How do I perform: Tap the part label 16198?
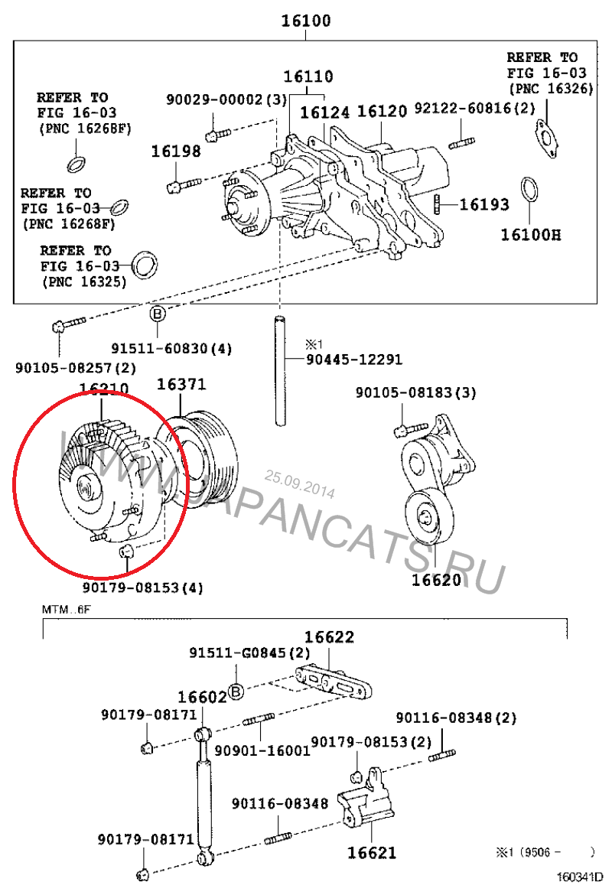pyautogui.click(x=175, y=151)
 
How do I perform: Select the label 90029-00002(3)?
pyautogui.click(x=226, y=100)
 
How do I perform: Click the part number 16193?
pyautogui.click(x=484, y=204)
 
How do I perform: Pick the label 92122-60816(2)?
pyautogui.click(x=474, y=108)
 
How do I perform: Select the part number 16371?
pyautogui.click(x=181, y=386)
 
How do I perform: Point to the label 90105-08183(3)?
pyautogui.click(x=415, y=392)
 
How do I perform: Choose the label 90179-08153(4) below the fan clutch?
pyautogui.click(x=143, y=587)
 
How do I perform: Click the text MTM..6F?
pyautogui.click(x=65, y=610)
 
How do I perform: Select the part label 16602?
pyautogui.click(x=202, y=697)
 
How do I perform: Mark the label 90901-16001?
pyautogui.click(x=262, y=750)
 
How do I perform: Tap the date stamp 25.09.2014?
pyautogui.click(x=300, y=483)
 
